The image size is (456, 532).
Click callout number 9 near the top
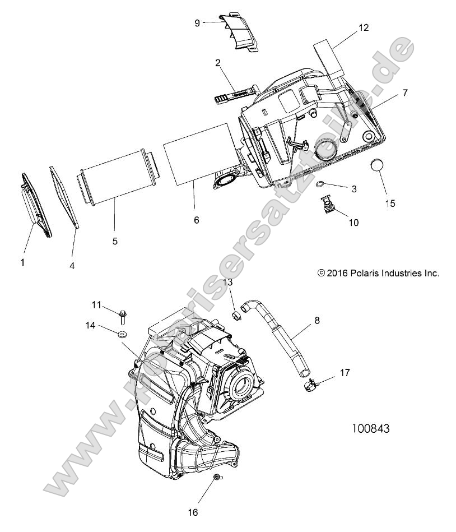[x=197, y=23]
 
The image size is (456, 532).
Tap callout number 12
[x=365, y=27]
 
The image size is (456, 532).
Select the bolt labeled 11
[x=123, y=316]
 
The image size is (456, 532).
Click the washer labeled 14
[x=122, y=335]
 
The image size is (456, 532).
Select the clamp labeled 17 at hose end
[x=311, y=385]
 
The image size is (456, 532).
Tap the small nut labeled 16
[x=216, y=478]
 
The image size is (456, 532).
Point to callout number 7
[x=405, y=92]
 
